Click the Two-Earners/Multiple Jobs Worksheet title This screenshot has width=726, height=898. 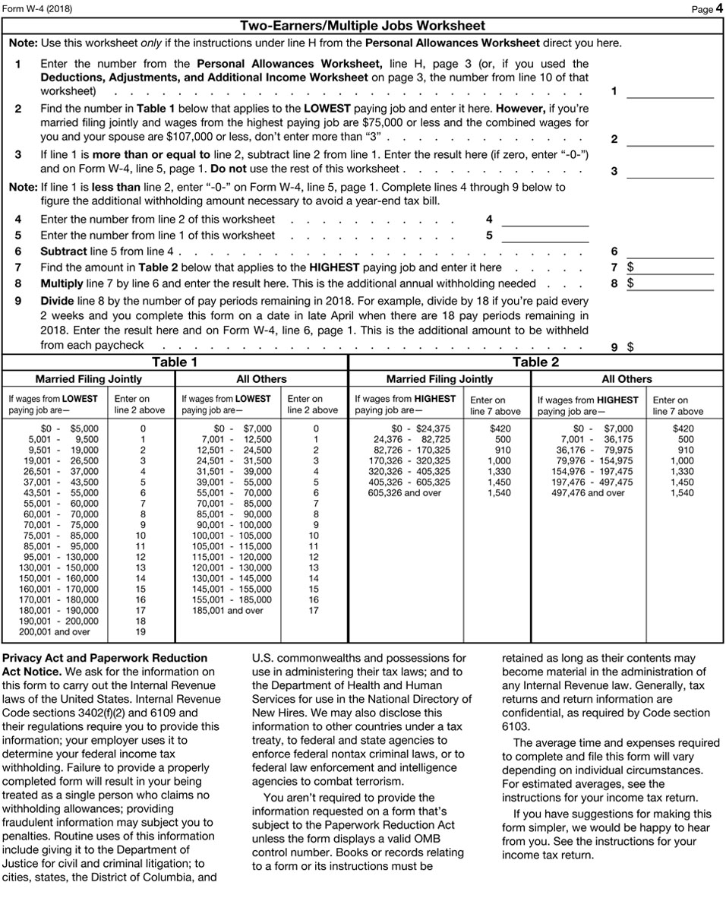tap(362, 26)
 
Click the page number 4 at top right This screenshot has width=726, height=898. tap(718, 9)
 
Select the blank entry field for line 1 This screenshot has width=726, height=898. tap(670, 92)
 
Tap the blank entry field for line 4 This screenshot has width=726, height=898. tap(545, 220)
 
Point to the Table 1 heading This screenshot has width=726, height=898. tap(175, 362)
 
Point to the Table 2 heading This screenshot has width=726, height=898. tap(535, 362)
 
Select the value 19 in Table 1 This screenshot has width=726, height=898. tap(140, 631)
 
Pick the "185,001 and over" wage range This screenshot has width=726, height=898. tap(228, 610)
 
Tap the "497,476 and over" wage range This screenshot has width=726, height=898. tap(588, 493)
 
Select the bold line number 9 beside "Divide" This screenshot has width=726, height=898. tap(17, 301)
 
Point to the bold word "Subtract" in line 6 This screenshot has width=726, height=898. tap(64, 251)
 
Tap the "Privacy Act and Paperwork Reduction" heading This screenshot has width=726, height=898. tap(106, 658)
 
